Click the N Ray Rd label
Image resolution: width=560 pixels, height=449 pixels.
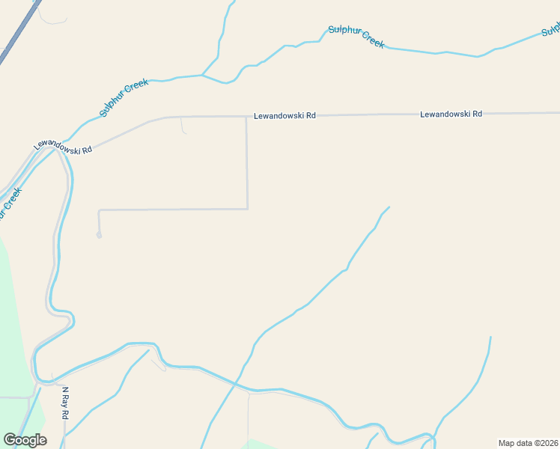coord(66,403)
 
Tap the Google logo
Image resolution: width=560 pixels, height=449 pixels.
coord(25,440)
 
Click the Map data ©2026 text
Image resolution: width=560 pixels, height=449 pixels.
coord(529,443)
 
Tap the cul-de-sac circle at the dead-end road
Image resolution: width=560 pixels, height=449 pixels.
coord(99,235)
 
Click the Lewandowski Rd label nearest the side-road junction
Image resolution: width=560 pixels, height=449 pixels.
coord(284,116)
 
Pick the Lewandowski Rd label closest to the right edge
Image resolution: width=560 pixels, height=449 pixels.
coord(451,114)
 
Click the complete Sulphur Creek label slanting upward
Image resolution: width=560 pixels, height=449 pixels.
coord(124,98)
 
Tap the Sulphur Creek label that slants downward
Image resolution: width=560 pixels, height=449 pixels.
coord(356,37)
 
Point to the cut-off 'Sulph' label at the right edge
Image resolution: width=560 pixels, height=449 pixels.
coord(551,30)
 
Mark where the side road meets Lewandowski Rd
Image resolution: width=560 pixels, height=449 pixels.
coord(246,117)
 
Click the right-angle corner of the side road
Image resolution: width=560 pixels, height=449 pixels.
coord(247,209)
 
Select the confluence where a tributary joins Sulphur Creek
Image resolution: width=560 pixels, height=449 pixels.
coord(202,75)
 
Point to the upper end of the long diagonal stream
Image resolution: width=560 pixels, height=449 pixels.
coord(389,207)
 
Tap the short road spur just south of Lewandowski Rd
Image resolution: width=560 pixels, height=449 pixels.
coord(183,126)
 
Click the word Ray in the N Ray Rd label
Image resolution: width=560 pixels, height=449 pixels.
coord(66,403)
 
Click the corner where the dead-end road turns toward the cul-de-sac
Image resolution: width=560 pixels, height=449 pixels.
coord(100,210)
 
